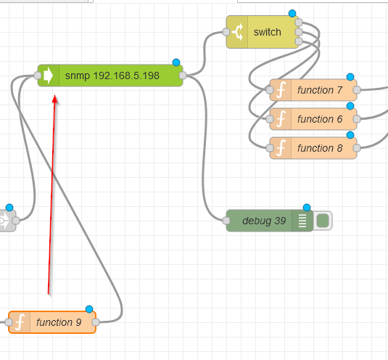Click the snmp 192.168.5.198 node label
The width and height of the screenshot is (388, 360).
click(x=112, y=75)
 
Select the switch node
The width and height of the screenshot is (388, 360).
click(x=263, y=32)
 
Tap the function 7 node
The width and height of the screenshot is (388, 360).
click(x=313, y=90)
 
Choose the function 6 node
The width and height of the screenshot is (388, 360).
click(x=313, y=119)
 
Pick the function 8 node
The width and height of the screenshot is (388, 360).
click(x=313, y=148)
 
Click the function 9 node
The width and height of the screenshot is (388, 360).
click(x=52, y=322)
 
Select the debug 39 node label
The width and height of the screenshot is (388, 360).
click(x=264, y=221)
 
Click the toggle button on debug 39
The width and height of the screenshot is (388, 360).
click(x=323, y=221)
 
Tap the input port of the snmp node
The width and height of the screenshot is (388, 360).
click(x=38, y=75)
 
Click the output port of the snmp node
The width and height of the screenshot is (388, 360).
click(x=183, y=75)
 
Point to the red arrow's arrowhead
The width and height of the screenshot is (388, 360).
click(x=55, y=99)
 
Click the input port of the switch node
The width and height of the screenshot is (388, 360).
click(x=226, y=32)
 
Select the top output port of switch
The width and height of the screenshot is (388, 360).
click(x=299, y=22)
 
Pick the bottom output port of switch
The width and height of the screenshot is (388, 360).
click(x=299, y=41)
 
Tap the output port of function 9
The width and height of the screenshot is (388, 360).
click(x=96, y=322)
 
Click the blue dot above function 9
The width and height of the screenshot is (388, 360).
click(x=89, y=309)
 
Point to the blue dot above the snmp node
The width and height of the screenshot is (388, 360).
click(x=176, y=62)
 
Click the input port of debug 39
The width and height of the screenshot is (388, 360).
click(x=226, y=221)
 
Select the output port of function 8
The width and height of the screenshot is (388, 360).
click(x=357, y=148)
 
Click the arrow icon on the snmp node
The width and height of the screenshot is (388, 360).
click(x=49, y=75)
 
